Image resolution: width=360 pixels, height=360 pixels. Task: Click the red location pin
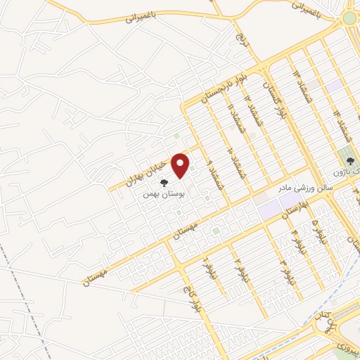181,166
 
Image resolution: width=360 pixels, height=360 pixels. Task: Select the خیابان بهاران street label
149,171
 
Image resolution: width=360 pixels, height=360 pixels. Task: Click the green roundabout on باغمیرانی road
351,18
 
